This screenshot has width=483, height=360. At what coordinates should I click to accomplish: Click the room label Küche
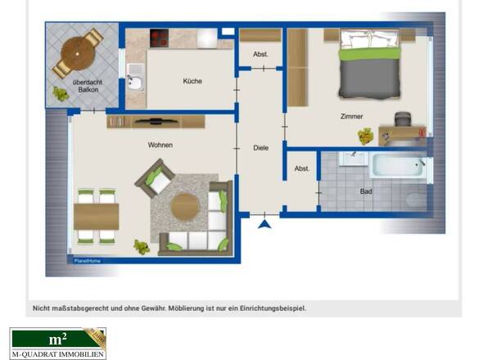coord(193,81)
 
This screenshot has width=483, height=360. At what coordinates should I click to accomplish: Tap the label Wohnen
coord(160,145)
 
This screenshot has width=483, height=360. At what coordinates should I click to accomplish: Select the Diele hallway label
coord(261,147)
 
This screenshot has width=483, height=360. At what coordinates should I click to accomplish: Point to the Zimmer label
coord(351,116)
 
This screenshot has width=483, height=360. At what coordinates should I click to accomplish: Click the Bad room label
coord(368,191)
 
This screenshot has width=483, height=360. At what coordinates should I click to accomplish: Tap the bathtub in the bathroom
coord(398,167)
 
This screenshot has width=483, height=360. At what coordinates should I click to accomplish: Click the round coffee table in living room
coord(186,207)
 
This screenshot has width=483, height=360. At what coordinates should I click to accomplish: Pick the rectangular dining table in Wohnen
coord(97,216)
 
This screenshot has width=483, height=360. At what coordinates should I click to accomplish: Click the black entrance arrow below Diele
coord(264,222)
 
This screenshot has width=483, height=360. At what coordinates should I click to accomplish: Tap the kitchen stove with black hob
coord(159,38)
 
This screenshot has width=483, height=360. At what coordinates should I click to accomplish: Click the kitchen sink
coord(135,83)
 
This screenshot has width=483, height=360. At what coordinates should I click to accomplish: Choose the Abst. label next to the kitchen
coord(260,55)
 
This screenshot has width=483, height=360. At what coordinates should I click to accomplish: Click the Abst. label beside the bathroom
coord(301,169)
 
